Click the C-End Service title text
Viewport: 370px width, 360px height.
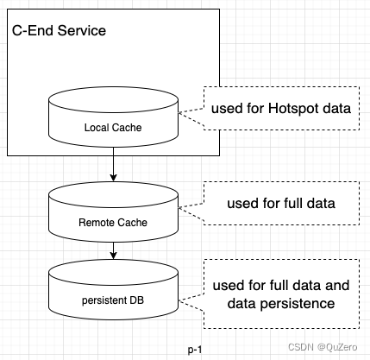pyautogui.click(x=59, y=32)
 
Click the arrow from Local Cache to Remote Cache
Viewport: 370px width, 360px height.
pyautogui.click(x=114, y=164)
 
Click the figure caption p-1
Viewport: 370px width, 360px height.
pyautogui.click(x=195, y=349)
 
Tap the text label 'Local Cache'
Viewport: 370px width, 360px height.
pyautogui.click(x=114, y=129)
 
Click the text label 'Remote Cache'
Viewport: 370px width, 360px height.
pyautogui.click(x=114, y=222)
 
